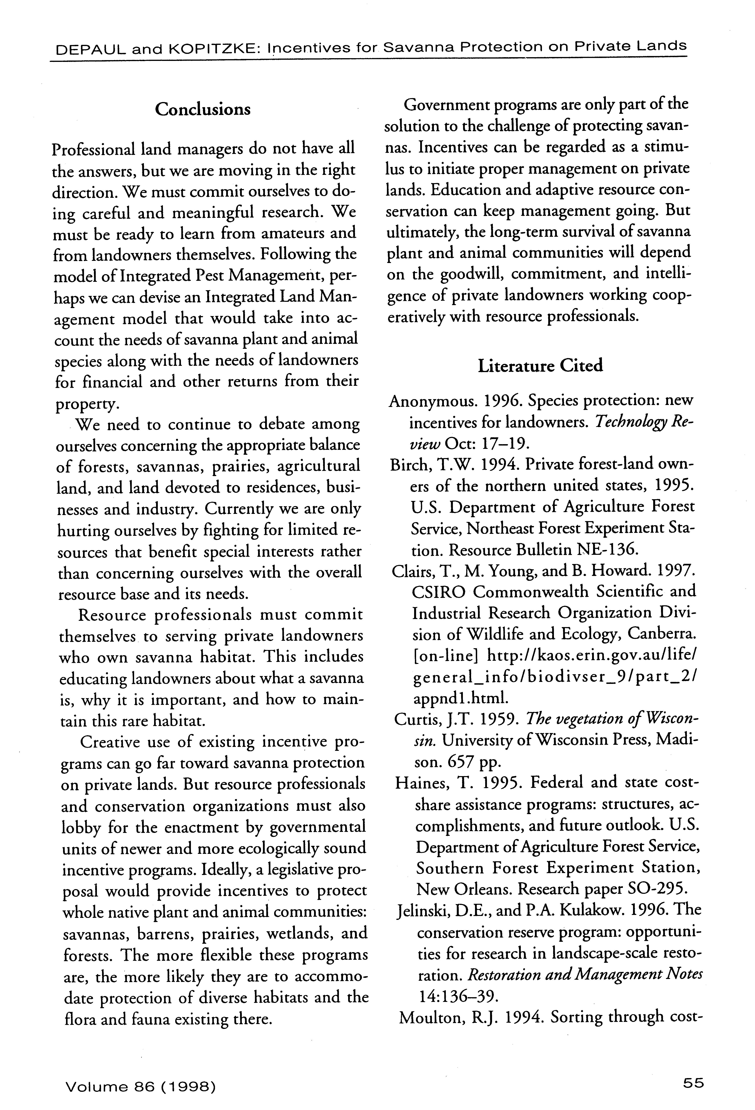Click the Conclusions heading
(202, 109)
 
